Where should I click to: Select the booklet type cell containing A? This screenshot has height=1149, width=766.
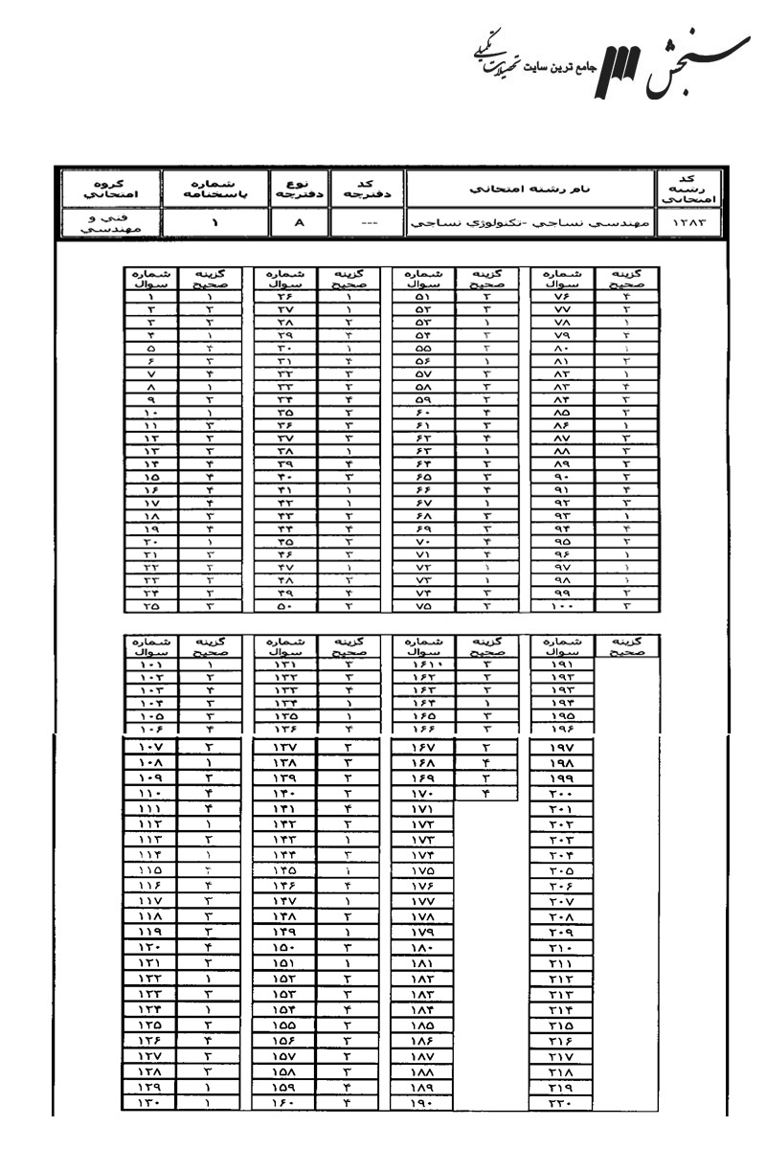(300, 224)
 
